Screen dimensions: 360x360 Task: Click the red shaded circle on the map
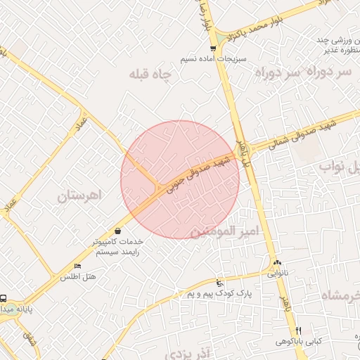[180, 179]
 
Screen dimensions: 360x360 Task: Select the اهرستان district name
[80, 195]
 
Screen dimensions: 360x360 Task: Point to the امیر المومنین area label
[225, 231]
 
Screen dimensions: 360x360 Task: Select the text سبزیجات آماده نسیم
[212, 59]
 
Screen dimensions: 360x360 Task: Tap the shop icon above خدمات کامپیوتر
[117, 231]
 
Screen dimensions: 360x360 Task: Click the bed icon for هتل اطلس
[77, 266]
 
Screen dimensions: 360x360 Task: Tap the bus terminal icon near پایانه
[4, 298]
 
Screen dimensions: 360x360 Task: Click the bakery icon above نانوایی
[276, 263]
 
